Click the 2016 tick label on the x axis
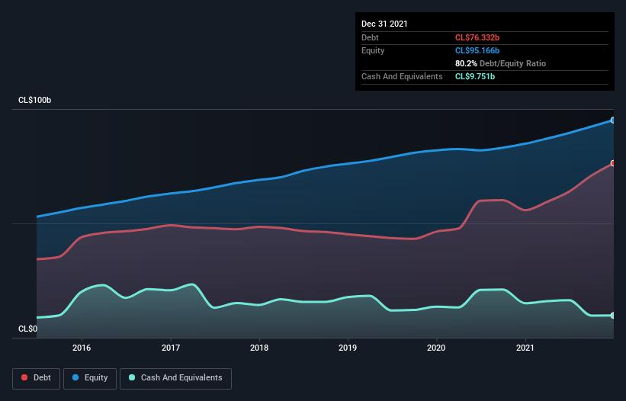(x=82, y=348)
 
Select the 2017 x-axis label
(x=171, y=348)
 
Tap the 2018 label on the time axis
(x=259, y=348)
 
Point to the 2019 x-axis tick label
(x=348, y=348)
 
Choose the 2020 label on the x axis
(x=437, y=348)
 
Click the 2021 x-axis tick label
(x=525, y=348)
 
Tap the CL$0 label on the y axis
(x=27, y=329)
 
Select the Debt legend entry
(x=36, y=377)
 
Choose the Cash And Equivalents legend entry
(x=175, y=377)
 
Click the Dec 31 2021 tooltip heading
(x=384, y=24)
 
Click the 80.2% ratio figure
(x=466, y=63)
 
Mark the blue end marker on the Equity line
(x=612, y=120)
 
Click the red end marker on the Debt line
(x=612, y=163)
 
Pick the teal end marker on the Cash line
(x=612, y=315)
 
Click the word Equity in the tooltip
(x=373, y=50)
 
